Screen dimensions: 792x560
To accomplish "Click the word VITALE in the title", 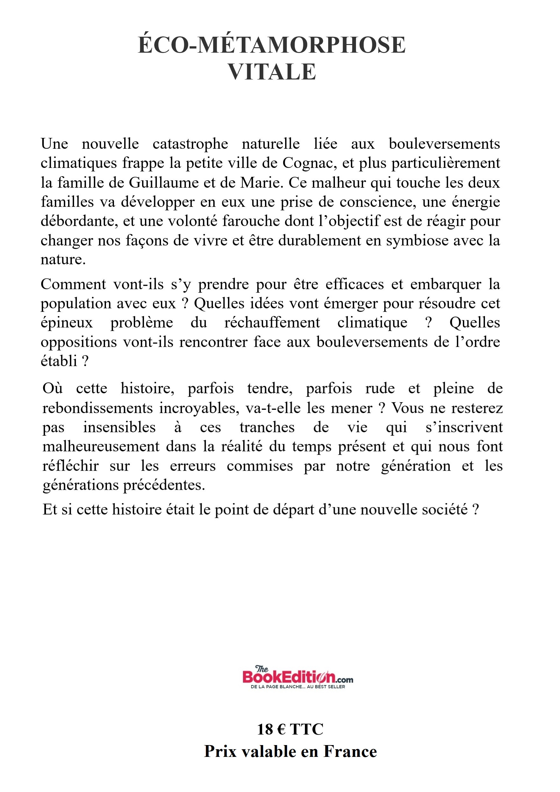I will click(272, 72).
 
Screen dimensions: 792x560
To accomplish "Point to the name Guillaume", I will click(163, 183).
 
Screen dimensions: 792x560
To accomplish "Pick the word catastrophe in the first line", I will click(190, 144).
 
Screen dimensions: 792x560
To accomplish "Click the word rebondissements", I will click(97, 408).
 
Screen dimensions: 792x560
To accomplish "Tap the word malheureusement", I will click(101, 447).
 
